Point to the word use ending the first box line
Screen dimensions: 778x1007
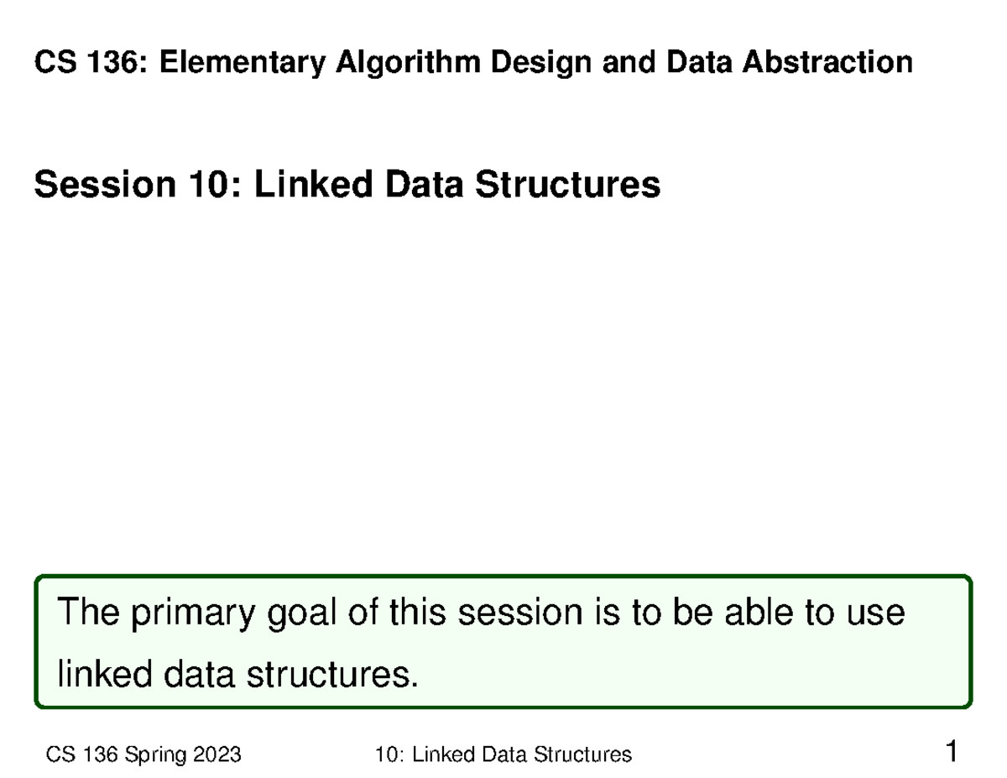874,614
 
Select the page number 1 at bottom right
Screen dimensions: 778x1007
951,751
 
